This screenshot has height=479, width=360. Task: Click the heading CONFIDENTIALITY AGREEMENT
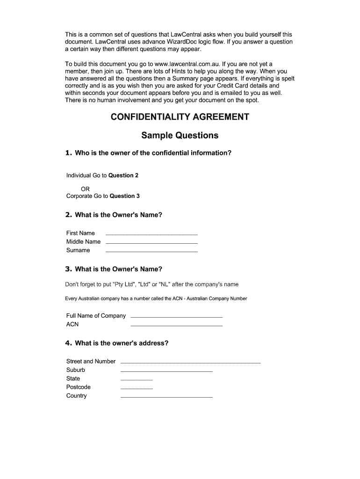click(x=180, y=117)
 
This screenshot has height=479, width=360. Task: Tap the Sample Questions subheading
click(x=180, y=136)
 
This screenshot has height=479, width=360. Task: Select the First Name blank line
click(x=151, y=234)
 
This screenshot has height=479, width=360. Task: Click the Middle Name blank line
click(x=151, y=243)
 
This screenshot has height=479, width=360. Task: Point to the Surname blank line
click(x=151, y=252)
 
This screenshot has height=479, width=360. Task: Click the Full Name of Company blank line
click(x=177, y=317)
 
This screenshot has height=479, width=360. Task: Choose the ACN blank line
click(x=177, y=325)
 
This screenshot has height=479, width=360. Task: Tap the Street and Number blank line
click(x=190, y=363)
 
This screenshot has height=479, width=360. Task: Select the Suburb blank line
click(x=166, y=371)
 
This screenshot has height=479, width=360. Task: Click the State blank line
click(x=137, y=379)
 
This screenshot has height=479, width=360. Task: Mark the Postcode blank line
click(x=137, y=388)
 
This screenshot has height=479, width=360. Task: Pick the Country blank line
click(x=166, y=397)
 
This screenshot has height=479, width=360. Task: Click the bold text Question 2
click(x=123, y=175)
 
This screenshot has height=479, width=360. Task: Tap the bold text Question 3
click(x=124, y=196)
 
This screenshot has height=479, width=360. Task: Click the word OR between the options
click(x=85, y=189)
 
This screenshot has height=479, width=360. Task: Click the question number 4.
click(x=68, y=343)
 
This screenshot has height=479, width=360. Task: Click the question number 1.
click(x=68, y=152)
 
